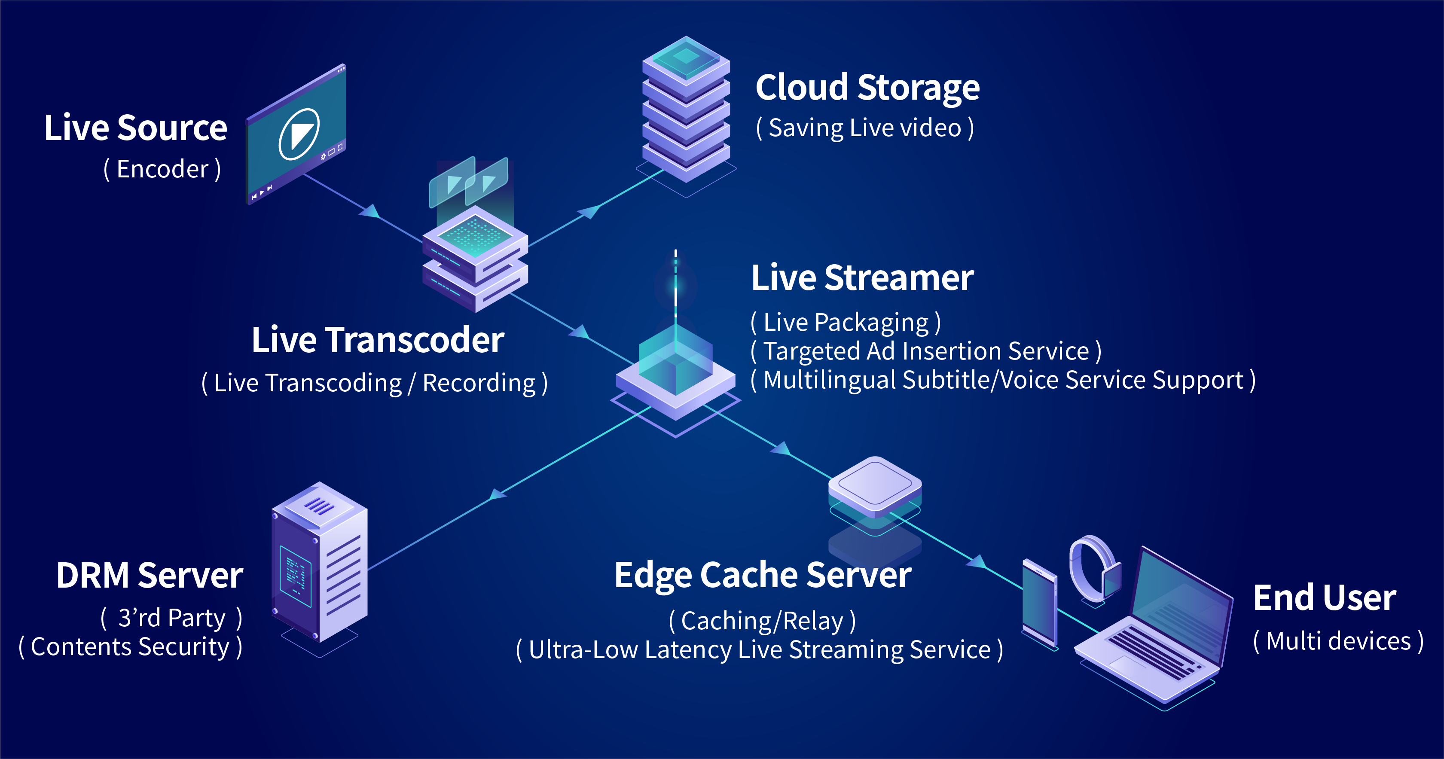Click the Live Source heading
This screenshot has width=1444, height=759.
click(x=136, y=128)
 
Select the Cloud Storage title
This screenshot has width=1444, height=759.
click(x=867, y=88)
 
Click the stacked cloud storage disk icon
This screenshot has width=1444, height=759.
click(x=686, y=112)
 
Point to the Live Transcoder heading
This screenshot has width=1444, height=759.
click(x=377, y=340)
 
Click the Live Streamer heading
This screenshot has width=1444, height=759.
click(x=862, y=277)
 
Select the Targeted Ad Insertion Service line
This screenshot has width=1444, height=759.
click(x=926, y=351)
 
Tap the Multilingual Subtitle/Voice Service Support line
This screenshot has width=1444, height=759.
click(x=1003, y=380)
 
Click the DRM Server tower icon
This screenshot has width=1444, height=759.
click(x=320, y=566)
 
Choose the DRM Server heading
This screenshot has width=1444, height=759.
click(x=150, y=576)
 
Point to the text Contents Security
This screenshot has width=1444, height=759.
click(x=131, y=647)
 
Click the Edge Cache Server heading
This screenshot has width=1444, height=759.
click(x=762, y=575)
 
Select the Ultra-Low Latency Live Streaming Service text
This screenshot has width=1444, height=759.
click(x=760, y=650)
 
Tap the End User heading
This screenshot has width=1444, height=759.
click(x=1324, y=597)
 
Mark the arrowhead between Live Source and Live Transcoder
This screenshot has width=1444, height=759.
click(x=370, y=211)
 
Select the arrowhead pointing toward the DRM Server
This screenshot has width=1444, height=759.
click(x=496, y=494)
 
